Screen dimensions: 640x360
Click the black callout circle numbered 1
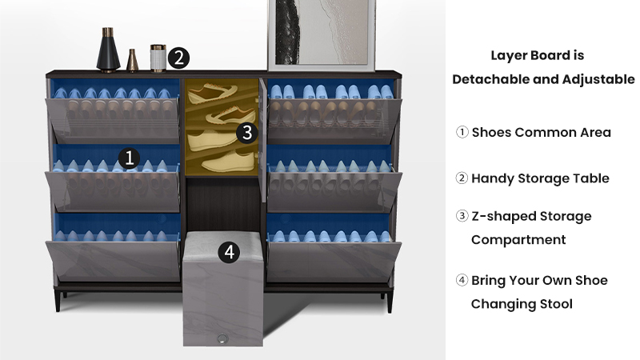click(x=129, y=158)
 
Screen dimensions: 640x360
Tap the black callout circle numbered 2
click(x=178, y=58)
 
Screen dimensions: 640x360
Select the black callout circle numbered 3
click(x=247, y=133)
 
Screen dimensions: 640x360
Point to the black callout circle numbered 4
click(x=229, y=252)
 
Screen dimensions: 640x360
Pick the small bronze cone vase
click(x=132, y=61)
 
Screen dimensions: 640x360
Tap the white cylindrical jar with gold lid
click(x=158, y=58)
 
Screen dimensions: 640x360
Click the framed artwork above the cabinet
click(x=322, y=34)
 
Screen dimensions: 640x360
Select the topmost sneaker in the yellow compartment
click(x=212, y=92)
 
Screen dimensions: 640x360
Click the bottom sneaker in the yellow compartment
click(x=228, y=162)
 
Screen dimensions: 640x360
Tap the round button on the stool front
click(x=222, y=338)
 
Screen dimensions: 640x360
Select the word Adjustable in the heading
click(x=598, y=79)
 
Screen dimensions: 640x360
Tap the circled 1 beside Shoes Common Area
click(x=462, y=132)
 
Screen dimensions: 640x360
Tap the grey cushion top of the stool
click(x=223, y=241)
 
